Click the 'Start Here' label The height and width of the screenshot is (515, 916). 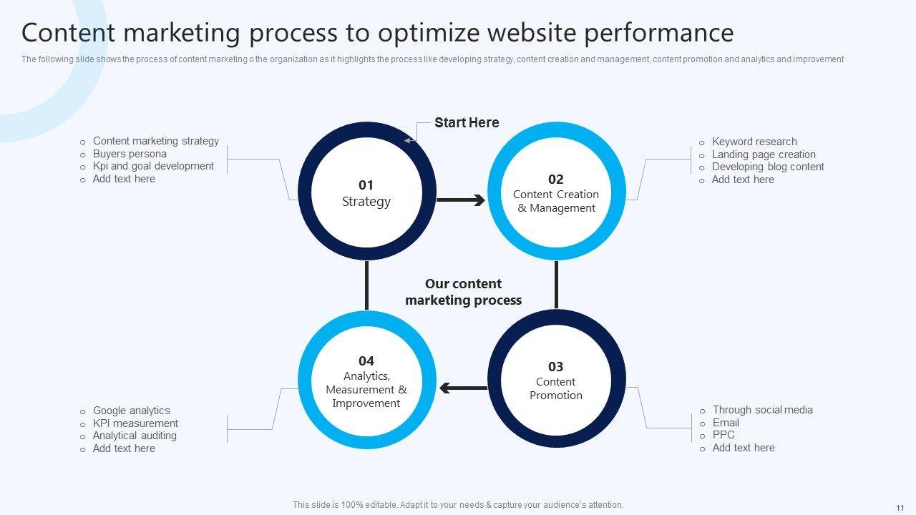(467, 123)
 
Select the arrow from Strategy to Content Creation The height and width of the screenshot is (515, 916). (460, 200)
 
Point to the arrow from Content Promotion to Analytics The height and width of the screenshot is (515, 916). (463, 388)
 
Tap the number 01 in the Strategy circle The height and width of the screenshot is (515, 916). (366, 185)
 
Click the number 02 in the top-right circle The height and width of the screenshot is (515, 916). (556, 179)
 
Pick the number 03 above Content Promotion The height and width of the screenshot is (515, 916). (556, 367)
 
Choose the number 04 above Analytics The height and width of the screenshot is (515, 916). (366, 360)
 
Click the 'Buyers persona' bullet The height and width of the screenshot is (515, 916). (130, 154)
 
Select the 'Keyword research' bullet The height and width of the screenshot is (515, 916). (754, 142)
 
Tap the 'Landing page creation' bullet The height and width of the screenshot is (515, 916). (764, 154)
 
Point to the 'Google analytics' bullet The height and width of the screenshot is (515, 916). (132, 411)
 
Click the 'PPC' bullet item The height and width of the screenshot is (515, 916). (723, 435)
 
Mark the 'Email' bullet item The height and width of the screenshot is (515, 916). (726, 423)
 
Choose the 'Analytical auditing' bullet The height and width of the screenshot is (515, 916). (135, 436)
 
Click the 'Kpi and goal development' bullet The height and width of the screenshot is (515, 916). (153, 166)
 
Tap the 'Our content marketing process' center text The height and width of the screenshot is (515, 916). (463, 292)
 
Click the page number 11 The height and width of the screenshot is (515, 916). (900, 505)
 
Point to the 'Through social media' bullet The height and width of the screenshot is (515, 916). (762, 410)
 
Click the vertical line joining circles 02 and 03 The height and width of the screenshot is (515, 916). (556, 285)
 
